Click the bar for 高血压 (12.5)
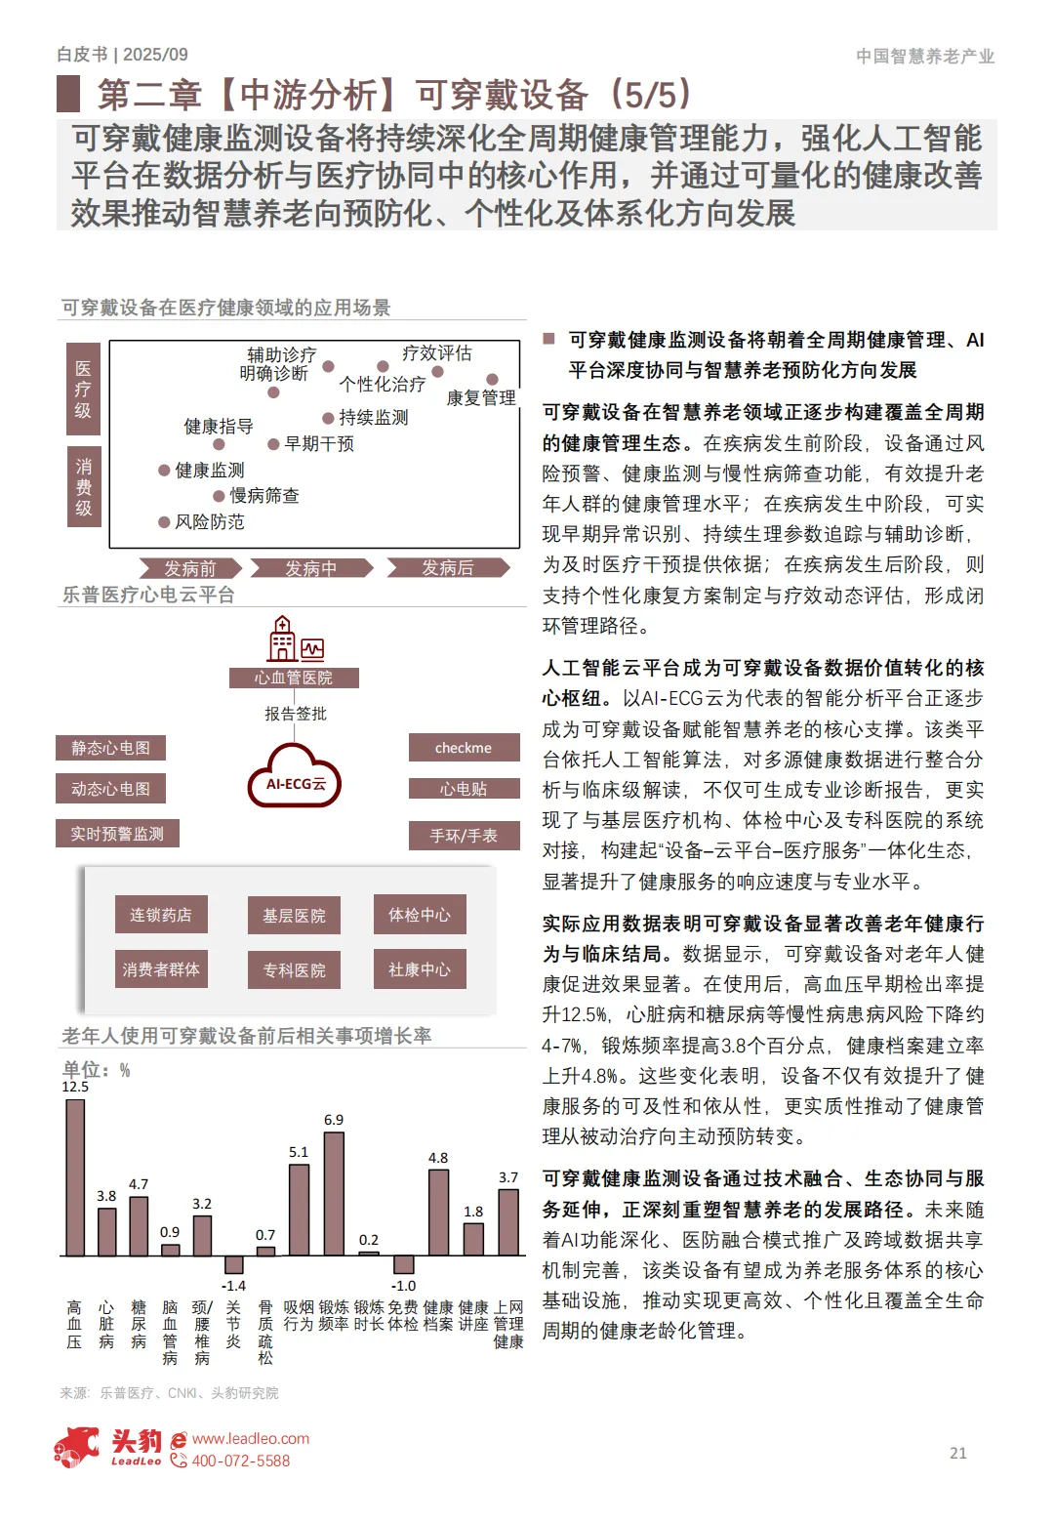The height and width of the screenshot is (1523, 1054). click(74, 1176)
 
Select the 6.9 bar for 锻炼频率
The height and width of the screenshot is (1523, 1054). click(334, 1193)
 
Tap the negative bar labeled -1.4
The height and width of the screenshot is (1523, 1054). click(233, 1264)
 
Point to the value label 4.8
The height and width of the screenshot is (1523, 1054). click(438, 1158)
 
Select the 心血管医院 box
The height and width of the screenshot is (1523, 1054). click(294, 678)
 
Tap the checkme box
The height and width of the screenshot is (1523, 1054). click(464, 748)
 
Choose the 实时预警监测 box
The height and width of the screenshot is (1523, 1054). click(117, 834)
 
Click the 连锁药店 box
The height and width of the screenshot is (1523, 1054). click(161, 915)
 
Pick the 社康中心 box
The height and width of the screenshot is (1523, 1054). click(420, 969)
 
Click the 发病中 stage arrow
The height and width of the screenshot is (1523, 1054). click(311, 568)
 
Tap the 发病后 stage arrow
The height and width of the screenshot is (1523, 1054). click(448, 568)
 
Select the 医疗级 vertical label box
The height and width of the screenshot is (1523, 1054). click(83, 390)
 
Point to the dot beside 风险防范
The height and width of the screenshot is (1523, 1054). click(164, 522)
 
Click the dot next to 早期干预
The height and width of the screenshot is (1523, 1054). click(274, 444)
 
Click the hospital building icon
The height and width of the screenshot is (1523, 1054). click(282, 639)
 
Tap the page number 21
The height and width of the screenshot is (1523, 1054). click(958, 1453)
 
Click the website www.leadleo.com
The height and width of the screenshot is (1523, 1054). click(251, 1438)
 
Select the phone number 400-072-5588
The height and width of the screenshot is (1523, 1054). click(240, 1461)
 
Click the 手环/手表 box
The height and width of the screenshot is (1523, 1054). click(464, 836)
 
